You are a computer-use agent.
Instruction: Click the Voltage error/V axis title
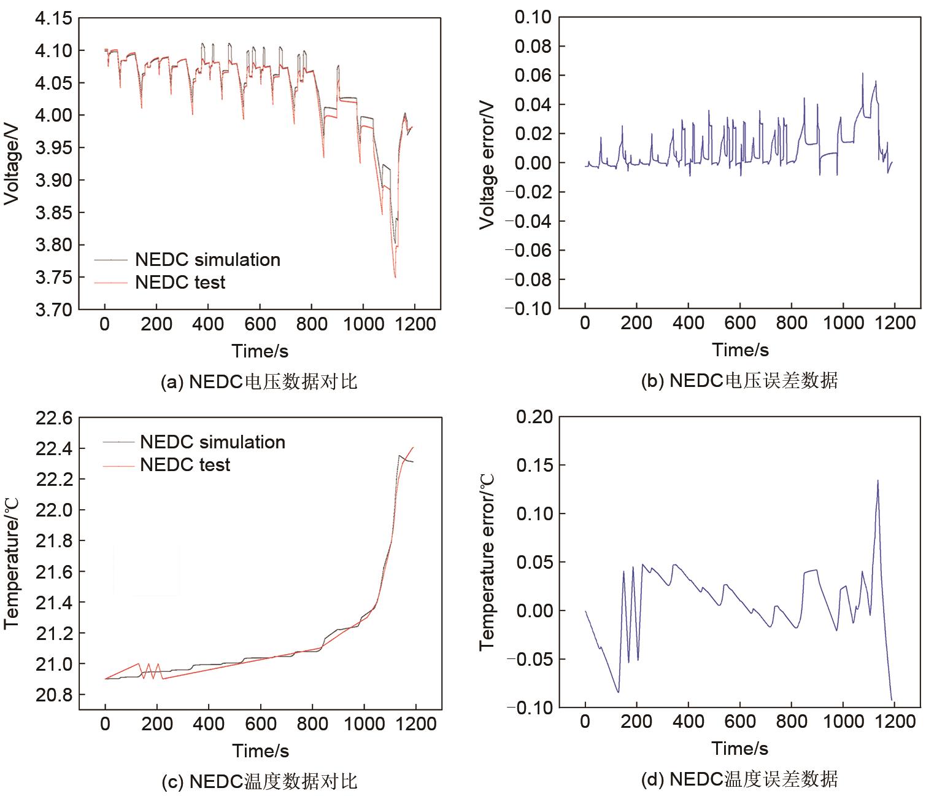tap(488, 163)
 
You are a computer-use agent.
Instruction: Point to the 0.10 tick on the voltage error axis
tap(533, 17)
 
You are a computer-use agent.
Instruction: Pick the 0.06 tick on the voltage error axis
tap(533, 76)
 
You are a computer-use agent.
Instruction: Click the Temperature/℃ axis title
tap(12, 563)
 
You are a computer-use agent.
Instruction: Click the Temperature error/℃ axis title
tap(488, 562)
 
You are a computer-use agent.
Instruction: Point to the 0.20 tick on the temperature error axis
tap(534, 418)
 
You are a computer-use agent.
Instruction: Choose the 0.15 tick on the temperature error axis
tap(534, 466)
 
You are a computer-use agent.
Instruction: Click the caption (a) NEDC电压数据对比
tap(259, 382)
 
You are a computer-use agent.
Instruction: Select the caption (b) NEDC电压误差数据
tap(739, 381)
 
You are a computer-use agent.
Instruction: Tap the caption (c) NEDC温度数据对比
tap(259, 781)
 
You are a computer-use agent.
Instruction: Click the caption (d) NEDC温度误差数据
tap(739, 780)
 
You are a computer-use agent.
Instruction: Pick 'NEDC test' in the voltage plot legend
tap(180, 283)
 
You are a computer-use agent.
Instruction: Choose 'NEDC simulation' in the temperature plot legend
tap(212, 442)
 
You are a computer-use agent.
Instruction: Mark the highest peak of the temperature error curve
tap(878, 481)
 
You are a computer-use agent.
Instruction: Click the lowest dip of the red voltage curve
tap(395, 278)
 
